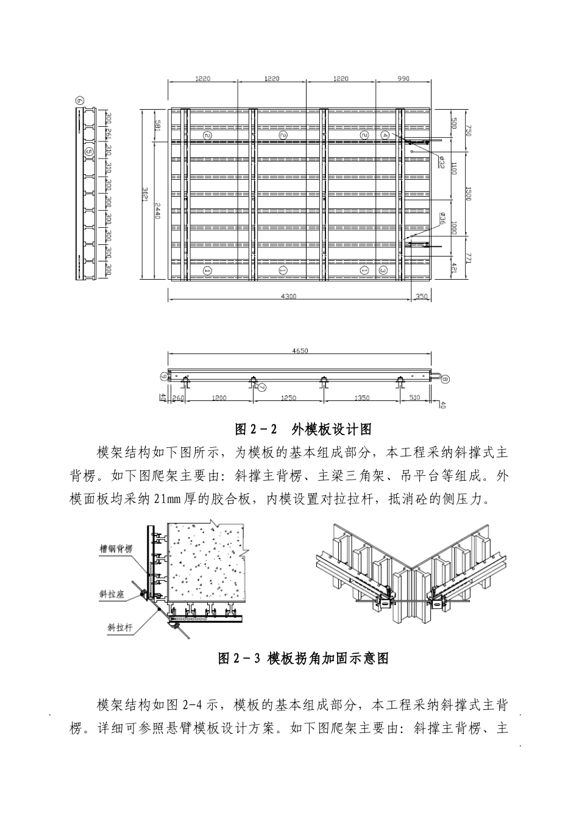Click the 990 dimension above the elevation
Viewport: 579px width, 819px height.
[403, 78]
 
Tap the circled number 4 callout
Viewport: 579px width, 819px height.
[385, 134]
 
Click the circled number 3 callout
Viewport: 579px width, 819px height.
[383, 269]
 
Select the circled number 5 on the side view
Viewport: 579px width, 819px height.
[89, 151]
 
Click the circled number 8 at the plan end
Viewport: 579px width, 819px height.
[445, 379]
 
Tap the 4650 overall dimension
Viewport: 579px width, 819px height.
[300, 351]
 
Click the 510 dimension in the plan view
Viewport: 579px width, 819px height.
[414, 398]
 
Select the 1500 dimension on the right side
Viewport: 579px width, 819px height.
[468, 194]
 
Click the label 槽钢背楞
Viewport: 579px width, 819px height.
[116, 548]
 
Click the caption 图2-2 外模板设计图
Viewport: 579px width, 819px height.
[303, 430]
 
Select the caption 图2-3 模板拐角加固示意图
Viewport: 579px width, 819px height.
[303, 658]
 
